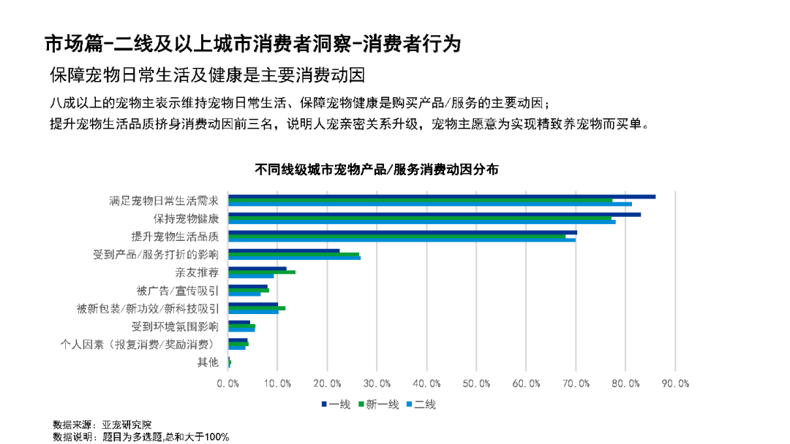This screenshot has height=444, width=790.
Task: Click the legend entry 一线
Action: click(x=336, y=405)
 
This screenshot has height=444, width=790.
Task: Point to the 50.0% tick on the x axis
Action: click(x=476, y=384)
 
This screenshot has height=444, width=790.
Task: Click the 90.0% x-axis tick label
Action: click(x=674, y=384)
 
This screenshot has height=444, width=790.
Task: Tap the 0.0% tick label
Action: click(x=229, y=384)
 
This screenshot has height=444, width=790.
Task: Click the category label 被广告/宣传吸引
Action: click(x=178, y=291)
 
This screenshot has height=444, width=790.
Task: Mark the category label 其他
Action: click(x=208, y=362)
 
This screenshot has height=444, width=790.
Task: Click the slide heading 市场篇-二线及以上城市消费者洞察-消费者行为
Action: click(x=252, y=44)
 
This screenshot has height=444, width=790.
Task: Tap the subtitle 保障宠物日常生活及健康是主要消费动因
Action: click(x=207, y=75)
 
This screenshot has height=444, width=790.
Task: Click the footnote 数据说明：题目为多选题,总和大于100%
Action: click(x=141, y=437)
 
